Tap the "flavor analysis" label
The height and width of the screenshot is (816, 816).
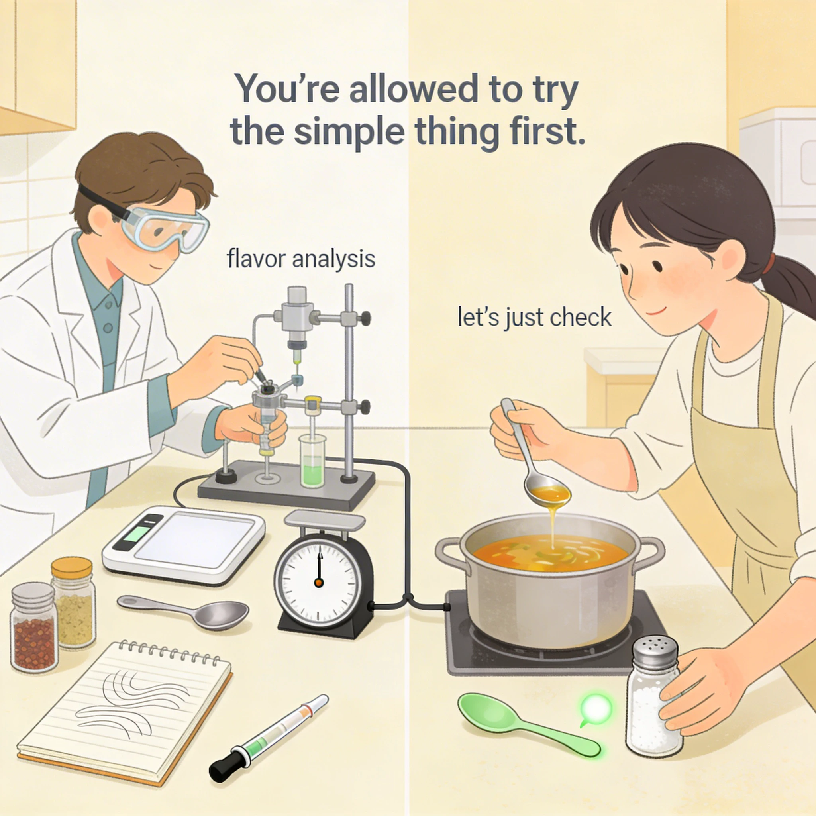pos(301,259)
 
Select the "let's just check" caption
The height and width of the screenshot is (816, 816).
pos(535,317)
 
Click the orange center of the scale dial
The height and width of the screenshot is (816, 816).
pos(319,583)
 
